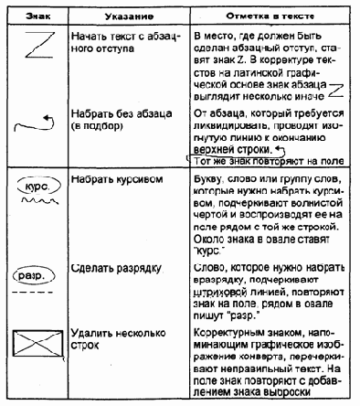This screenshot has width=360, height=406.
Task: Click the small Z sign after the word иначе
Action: click(x=336, y=88)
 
